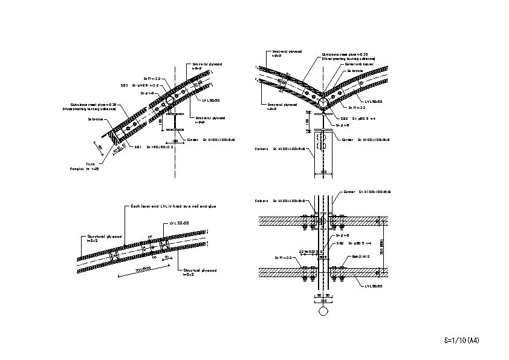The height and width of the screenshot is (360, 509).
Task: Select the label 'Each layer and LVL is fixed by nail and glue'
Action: pos(174,206)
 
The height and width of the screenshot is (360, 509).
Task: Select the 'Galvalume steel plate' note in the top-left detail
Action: pos(92,106)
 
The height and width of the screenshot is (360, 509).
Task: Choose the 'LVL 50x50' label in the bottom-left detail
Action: pos(180,223)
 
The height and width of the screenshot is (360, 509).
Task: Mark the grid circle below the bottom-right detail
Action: pos(323,311)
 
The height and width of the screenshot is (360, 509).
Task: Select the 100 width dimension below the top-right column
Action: pos(323,172)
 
